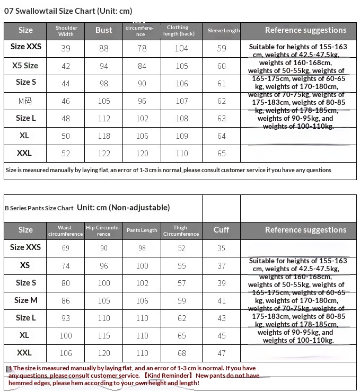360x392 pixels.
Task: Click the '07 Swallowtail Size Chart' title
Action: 68,11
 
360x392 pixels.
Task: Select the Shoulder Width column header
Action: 66,31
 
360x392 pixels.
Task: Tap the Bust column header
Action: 103,30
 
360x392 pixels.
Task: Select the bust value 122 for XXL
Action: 103,154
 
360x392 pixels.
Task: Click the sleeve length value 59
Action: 222,48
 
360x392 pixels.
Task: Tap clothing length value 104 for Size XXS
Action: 181,48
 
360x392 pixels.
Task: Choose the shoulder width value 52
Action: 66,154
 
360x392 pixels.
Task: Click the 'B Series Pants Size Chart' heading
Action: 39,208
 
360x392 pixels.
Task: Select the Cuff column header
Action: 221,230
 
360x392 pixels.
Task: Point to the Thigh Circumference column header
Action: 181,230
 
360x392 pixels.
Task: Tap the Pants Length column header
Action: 142,230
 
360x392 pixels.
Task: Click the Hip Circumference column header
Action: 103,230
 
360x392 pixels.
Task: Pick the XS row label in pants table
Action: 25,265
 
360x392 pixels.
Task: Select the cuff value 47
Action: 221,353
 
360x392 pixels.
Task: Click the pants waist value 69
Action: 66,248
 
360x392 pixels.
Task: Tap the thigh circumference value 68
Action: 181,353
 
